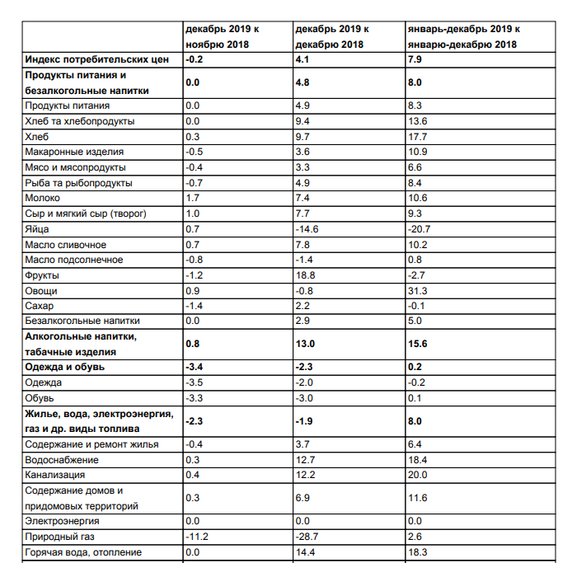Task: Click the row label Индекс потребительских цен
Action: pyautogui.click(x=97, y=60)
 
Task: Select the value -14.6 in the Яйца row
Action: pyautogui.click(x=309, y=229)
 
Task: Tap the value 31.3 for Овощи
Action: pyautogui.click(x=418, y=291)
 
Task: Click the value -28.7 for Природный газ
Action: pyautogui.click(x=309, y=537)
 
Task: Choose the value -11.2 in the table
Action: pyautogui.click(x=199, y=537)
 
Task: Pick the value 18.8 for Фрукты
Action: pyautogui.click(x=307, y=275)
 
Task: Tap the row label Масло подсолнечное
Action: pyautogui.click(x=75, y=260)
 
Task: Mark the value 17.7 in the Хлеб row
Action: pyautogui.click(x=418, y=137)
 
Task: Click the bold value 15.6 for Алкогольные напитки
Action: pyautogui.click(x=419, y=345)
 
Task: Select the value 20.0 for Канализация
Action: pyautogui.click(x=418, y=476)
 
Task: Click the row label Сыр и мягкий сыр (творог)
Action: pyautogui.click(x=86, y=214)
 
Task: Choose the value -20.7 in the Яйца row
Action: pyautogui.click(x=420, y=229)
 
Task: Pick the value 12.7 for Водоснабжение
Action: pyautogui.click(x=307, y=460)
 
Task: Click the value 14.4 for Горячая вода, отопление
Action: pyautogui.click(x=307, y=552)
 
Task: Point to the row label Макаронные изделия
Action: pyautogui.click(x=75, y=152)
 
